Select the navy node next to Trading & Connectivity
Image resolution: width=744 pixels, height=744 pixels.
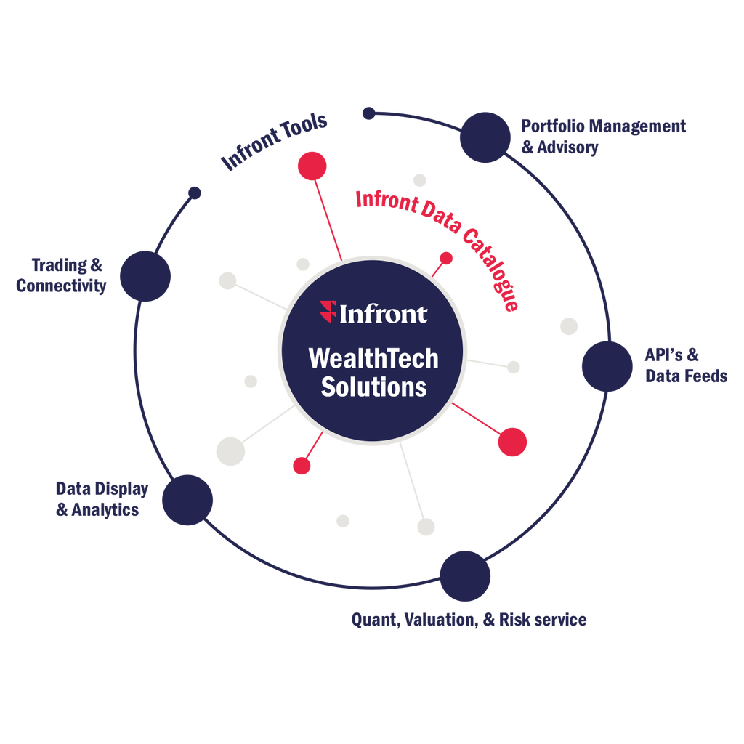tap(145, 275)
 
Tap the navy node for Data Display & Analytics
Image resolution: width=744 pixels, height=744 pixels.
tap(187, 500)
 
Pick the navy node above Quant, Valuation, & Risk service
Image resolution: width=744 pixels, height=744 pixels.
tap(466, 575)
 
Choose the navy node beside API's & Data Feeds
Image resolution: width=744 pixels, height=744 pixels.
tap(607, 367)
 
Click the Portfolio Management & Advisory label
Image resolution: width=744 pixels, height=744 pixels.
tap(602, 137)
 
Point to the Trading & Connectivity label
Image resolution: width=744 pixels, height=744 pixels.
tap(61, 275)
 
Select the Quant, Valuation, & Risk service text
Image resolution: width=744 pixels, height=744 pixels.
tap(469, 620)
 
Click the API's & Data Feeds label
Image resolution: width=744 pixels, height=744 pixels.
tap(686, 365)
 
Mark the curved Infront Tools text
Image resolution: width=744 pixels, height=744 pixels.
tap(275, 141)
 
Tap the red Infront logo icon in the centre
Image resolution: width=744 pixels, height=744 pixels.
tap(328, 313)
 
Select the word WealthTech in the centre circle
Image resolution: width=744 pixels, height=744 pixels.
tap(373, 359)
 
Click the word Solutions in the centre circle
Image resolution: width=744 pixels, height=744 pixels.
tap(373, 387)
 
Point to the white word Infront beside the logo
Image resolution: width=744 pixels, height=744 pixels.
tap(384, 314)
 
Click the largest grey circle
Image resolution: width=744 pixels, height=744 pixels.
tap(230, 450)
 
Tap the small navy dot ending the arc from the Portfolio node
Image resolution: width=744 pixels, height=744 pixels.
tap(368, 113)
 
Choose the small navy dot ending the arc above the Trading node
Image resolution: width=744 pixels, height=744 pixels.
tap(194, 193)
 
